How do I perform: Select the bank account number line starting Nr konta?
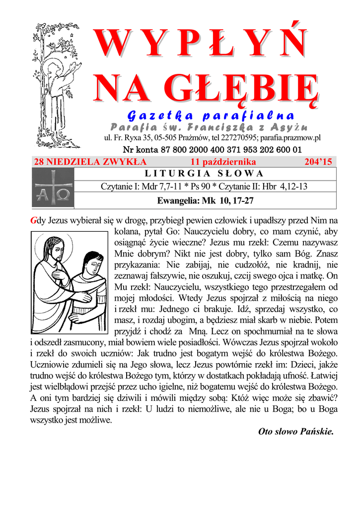click(212, 149)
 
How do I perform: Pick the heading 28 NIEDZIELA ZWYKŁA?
click(90, 162)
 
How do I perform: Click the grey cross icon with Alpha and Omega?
click(53, 188)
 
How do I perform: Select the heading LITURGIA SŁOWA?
click(204, 174)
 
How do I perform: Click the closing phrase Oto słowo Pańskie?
click(296, 431)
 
